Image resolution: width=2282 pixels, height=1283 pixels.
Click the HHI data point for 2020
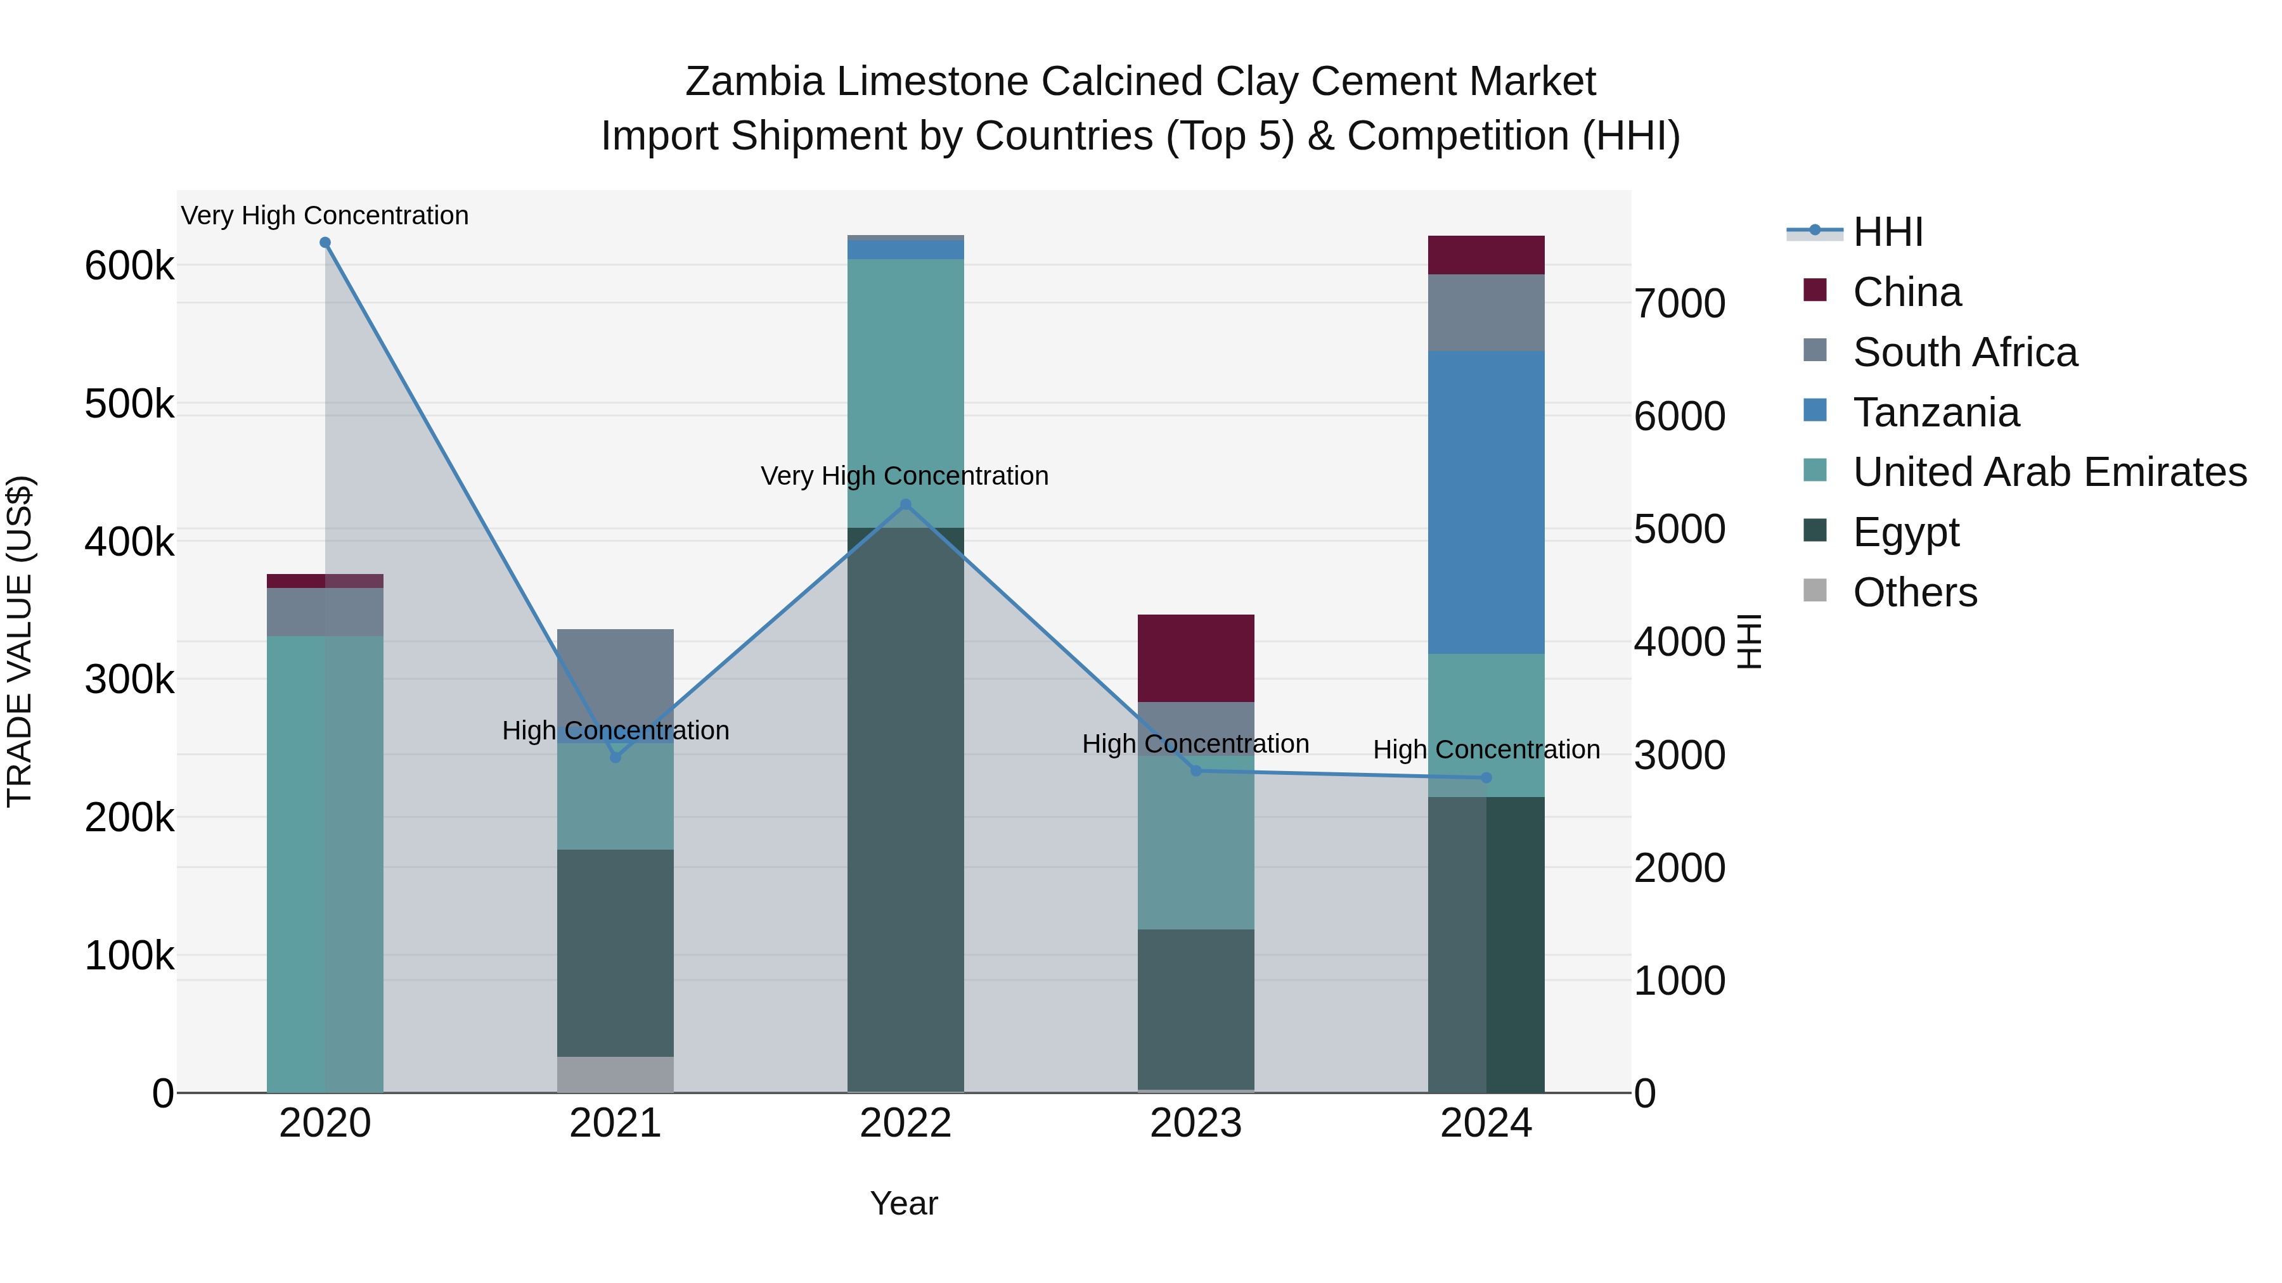click(325, 243)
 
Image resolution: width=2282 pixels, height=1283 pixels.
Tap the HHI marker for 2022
click(905, 505)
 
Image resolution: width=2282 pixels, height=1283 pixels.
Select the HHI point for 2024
click(1486, 778)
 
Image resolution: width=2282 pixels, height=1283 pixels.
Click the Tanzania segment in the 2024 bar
click(1486, 502)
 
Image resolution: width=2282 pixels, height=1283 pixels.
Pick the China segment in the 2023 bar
click(1196, 658)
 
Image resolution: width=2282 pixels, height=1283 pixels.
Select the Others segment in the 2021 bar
click(616, 1074)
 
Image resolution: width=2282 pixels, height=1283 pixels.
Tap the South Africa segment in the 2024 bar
click(1486, 312)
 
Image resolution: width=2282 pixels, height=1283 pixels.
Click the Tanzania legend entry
click(1936, 412)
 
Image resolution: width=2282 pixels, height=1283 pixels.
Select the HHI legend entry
click(1887, 232)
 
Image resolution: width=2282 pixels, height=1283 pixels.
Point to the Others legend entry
click(1914, 592)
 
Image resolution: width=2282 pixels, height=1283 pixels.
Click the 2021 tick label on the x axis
click(616, 1123)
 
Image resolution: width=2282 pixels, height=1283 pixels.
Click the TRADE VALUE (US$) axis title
click(20, 641)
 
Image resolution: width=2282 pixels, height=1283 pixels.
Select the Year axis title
click(903, 1203)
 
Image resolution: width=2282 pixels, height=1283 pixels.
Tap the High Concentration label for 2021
click(616, 731)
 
